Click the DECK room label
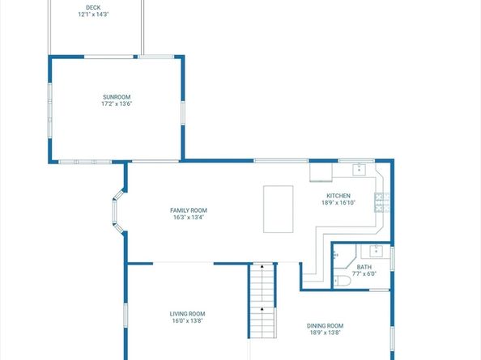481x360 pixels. (x=93, y=7)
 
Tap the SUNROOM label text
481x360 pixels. (x=117, y=97)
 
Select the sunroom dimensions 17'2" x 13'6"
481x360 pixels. (x=117, y=104)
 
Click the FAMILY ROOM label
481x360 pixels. (x=189, y=210)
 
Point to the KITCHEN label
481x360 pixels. (x=338, y=196)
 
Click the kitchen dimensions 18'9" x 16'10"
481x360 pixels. (x=338, y=202)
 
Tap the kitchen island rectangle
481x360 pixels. (x=279, y=209)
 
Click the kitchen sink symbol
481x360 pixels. (x=359, y=169)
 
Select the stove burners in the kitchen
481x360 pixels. (x=381, y=202)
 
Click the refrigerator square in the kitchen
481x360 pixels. (x=321, y=172)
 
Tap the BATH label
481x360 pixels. (x=364, y=267)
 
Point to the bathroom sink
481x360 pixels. (x=375, y=252)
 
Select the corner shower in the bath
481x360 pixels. (x=344, y=256)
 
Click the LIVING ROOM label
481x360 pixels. (x=187, y=314)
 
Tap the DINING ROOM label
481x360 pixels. (x=326, y=326)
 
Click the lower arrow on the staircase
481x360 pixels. (x=262, y=310)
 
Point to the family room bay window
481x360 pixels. (x=117, y=211)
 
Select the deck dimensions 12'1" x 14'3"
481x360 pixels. (x=93, y=15)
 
